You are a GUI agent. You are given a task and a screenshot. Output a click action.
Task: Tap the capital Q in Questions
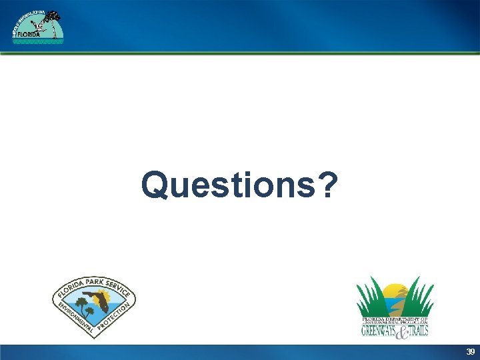(x=155, y=185)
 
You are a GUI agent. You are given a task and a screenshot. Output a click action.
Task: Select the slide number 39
(x=470, y=351)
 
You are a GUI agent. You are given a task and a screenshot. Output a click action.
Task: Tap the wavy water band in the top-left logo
(x=38, y=41)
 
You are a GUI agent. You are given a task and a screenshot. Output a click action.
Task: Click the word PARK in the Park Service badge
(x=95, y=280)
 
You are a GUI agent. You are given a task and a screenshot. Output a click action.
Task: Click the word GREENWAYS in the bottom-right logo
(x=379, y=329)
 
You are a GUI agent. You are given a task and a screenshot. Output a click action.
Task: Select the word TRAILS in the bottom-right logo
(x=415, y=329)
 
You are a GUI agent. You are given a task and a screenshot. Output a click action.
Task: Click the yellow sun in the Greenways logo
(x=396, y=291)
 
